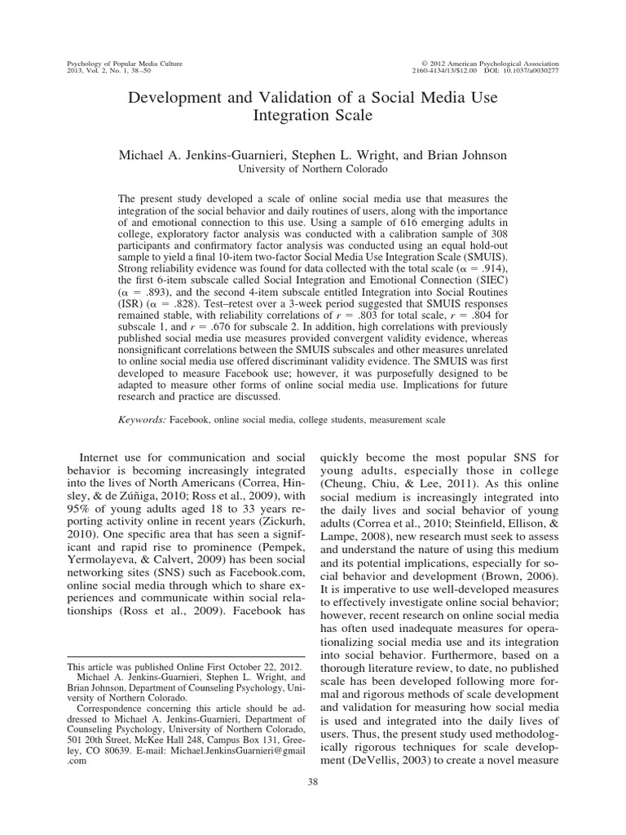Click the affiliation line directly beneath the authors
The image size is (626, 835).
[x=312, y=169]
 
